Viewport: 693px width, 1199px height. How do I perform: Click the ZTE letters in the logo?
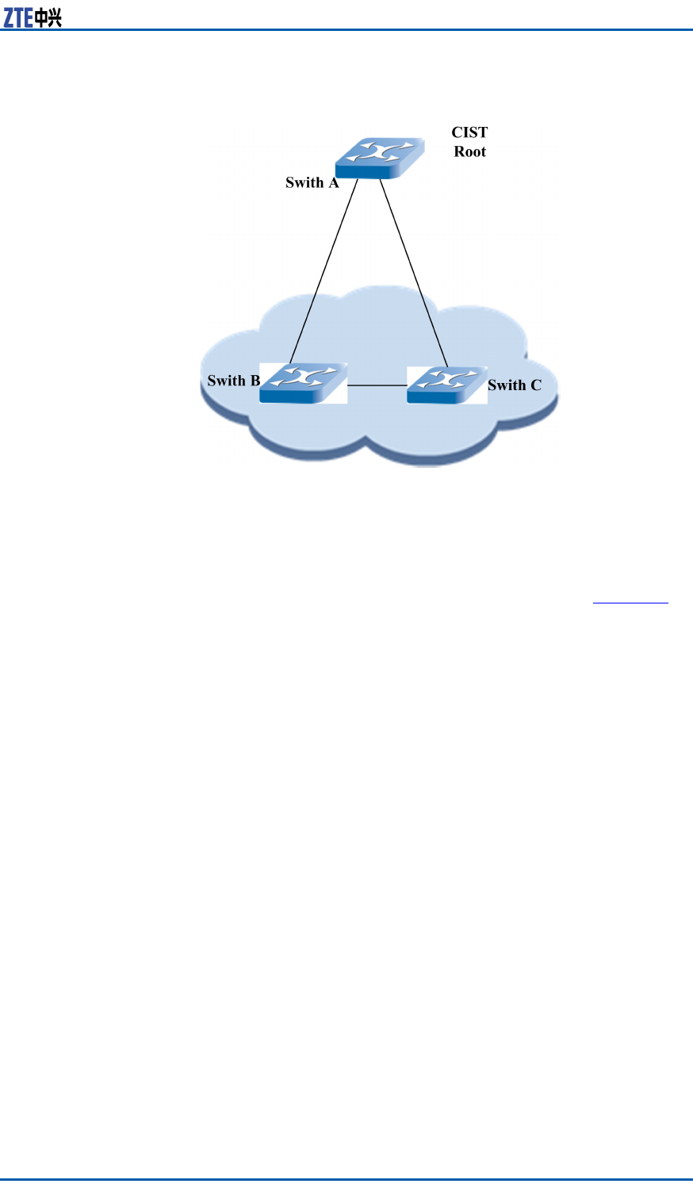[18, 17]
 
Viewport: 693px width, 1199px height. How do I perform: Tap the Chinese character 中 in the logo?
[41, 17]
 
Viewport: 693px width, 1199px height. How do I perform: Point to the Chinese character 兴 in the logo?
[54, 17]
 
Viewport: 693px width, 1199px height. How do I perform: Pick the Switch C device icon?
[447, 385]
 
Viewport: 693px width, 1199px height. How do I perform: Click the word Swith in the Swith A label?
[304, 183]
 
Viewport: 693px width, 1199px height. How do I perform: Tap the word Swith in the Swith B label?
[227, 381]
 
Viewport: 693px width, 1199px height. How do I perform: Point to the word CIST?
[469, 132]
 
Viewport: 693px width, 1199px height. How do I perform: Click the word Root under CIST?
[469, 151]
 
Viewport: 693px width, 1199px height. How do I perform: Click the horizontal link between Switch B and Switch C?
[377, 385]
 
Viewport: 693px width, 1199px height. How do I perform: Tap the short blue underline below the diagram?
[630, 603]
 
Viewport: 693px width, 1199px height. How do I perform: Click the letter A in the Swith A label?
[334, 183]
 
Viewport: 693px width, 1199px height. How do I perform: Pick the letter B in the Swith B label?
[255, 381]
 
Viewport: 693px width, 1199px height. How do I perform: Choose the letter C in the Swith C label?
[536, 385]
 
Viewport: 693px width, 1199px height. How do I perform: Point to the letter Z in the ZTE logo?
[9, 17]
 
